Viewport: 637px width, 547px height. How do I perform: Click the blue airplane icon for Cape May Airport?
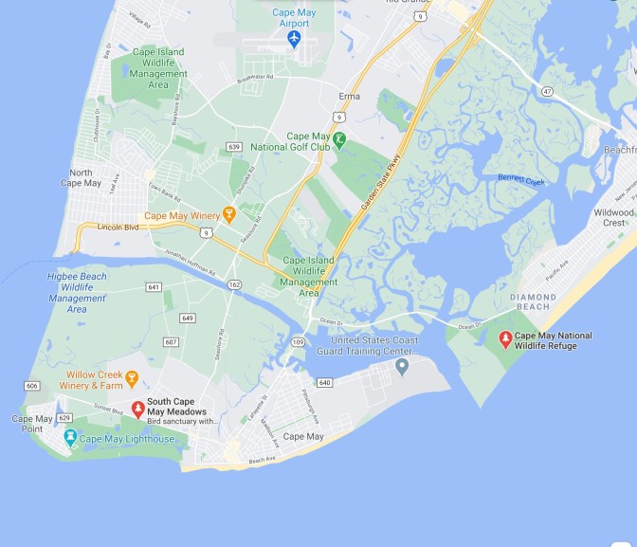tap(294, 38)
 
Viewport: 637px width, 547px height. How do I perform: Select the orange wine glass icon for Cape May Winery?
tap(228, 214)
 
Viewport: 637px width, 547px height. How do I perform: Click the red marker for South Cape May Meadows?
tap(137, 409)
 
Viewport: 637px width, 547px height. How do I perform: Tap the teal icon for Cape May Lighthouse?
tap(69, 439)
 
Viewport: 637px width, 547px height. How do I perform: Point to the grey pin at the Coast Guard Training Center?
tap(402, 365)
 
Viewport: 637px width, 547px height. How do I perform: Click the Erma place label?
tap(351, 97)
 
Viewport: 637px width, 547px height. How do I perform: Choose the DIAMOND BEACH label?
tap(533, 302)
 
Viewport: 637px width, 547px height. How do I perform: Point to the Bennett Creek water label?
tap(522, 177)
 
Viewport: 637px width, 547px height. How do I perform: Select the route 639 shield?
tap(234, 147)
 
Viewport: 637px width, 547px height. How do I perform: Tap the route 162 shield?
tap(235, 284)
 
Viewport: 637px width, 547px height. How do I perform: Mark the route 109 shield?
tap(298, 341)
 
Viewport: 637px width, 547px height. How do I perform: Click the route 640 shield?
tap(326, 383)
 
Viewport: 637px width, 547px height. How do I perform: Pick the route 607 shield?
tap(171, 341)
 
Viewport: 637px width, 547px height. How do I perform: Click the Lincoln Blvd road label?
tap(119, 227)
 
